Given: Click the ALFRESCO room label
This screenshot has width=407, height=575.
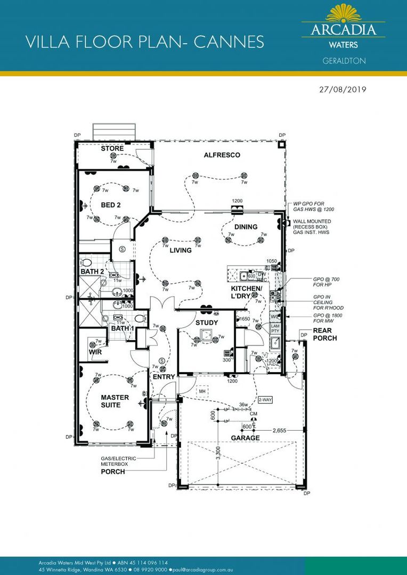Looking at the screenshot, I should pos(222,155).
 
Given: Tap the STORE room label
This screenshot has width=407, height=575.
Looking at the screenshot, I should pos(112,149).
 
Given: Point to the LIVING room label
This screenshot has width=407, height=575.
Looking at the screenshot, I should pos(181,250).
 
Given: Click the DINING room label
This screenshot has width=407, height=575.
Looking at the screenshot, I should pos(246,227).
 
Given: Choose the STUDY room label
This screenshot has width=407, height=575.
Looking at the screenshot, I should pos(207,323).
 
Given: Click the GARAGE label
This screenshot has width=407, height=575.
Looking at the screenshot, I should pos(245,438).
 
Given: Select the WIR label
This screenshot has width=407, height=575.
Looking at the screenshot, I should pos(95,353).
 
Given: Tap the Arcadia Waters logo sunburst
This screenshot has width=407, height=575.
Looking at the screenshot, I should pos(344,13).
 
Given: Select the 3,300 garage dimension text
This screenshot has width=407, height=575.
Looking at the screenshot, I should pos(219,451).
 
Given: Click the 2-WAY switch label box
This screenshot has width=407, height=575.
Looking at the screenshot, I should pos(264,399).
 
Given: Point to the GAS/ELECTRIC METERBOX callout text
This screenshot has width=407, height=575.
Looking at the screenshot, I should pos(118,461).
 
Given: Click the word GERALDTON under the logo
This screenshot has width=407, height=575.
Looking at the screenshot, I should pos(344,61).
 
